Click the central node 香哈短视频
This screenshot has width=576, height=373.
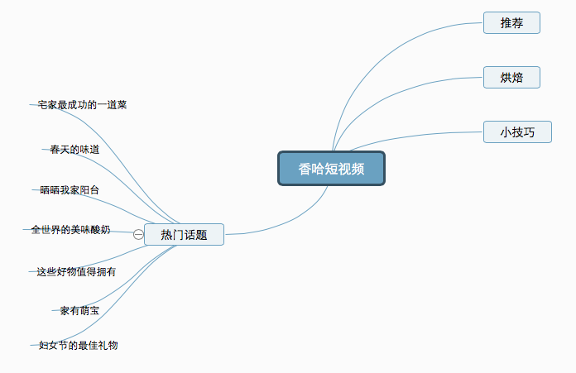coord(331,169)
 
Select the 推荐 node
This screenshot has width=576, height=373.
coord(511,23)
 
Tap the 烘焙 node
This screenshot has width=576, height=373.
coord(511,78)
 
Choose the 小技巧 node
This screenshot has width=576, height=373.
coord(516,132)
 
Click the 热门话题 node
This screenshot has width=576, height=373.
coord(184,235)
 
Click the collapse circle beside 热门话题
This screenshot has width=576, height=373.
coord(138,235)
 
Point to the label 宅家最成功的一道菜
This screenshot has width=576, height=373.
coord(82,105)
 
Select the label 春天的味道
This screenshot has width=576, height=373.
coord(74,150)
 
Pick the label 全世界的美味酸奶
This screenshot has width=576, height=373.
coord(70,229)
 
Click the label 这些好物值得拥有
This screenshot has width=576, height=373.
coord(76,270)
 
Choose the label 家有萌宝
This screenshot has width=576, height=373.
coord(79,311)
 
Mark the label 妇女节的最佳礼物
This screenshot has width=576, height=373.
coord(79,345)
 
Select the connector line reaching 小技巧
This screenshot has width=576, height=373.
coord(414,135)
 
